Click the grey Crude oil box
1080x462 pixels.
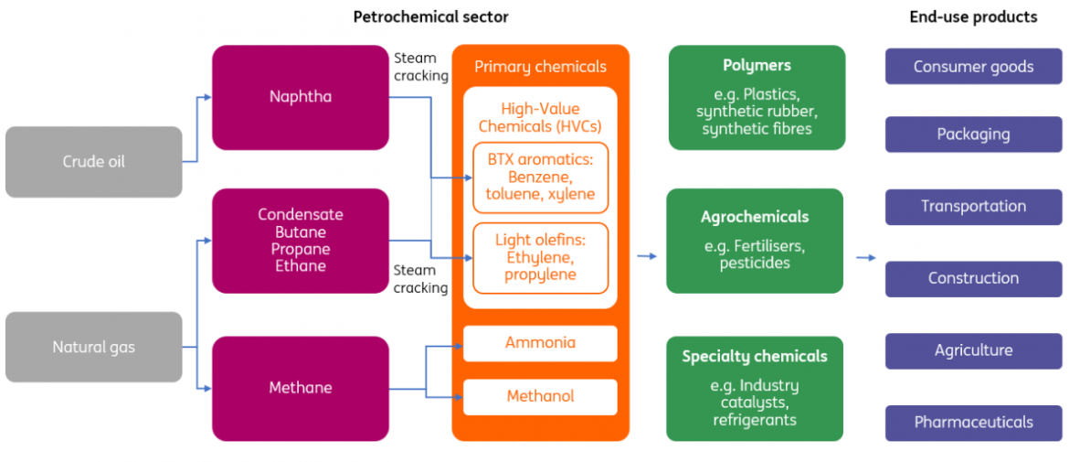coord(93,162)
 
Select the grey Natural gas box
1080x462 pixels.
coord(93,347)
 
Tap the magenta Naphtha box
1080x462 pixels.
coord(301,97)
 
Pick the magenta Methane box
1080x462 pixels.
coord(301,388)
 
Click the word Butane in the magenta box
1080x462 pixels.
coord(301,231)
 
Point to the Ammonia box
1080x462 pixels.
coord(540,343)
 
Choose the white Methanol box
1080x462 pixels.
coord(540,396)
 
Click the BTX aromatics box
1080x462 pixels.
coord(540,177)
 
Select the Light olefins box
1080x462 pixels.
coord(540,257)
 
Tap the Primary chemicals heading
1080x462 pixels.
coord(540,67)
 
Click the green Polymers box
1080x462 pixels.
coord(757,97)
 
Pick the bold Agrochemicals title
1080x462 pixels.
coord(755,217)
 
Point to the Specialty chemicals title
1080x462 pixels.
coord(755,356)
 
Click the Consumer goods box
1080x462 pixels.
coord(973,67)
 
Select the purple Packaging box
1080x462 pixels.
coord(973,134)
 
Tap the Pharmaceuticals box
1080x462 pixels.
coord(973,423)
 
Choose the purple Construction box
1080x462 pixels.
coord(973,278)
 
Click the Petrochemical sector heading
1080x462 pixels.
coord(430,16)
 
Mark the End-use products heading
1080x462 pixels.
coord(973,16)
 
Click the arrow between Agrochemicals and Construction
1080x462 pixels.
coord(865,257)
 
